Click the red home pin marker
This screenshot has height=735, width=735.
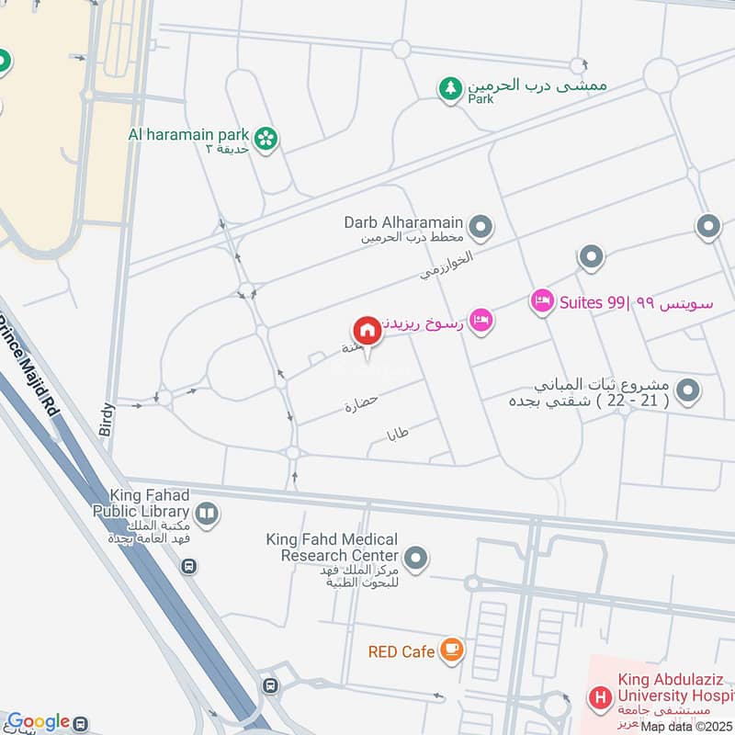click(x=367, y=331)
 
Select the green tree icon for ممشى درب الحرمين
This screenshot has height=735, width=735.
click(x=449, y=89)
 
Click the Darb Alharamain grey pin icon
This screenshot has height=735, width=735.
click(x=480, y=226)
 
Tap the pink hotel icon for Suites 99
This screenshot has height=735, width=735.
click(x=542, y=301)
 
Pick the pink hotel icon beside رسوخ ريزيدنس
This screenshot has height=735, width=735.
click(x=481, y=321)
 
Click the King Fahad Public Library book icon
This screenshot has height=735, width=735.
click(x=208, y=514)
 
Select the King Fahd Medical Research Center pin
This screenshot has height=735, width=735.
click(x=416, y=558)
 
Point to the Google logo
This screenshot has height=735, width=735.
click(x=38, y=722)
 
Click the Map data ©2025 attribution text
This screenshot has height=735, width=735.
click(x=686, y=727)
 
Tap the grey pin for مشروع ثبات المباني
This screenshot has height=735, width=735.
click(x=686, y=392)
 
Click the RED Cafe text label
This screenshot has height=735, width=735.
click(x=401, y=652)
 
